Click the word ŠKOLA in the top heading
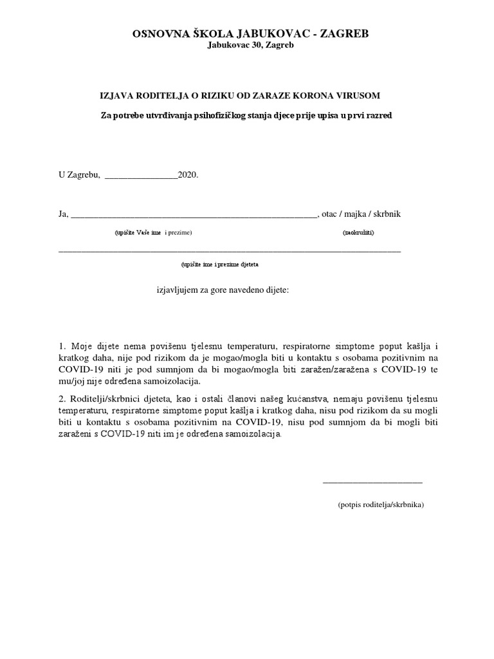[197, 34]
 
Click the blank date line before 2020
[140, 175]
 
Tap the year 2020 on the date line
[188, 174]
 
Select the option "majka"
[362, 214]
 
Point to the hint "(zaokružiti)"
[358, 232]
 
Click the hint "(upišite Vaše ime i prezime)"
[154, 232]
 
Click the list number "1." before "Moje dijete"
[62, 346]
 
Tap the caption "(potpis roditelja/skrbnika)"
[381, 505]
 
